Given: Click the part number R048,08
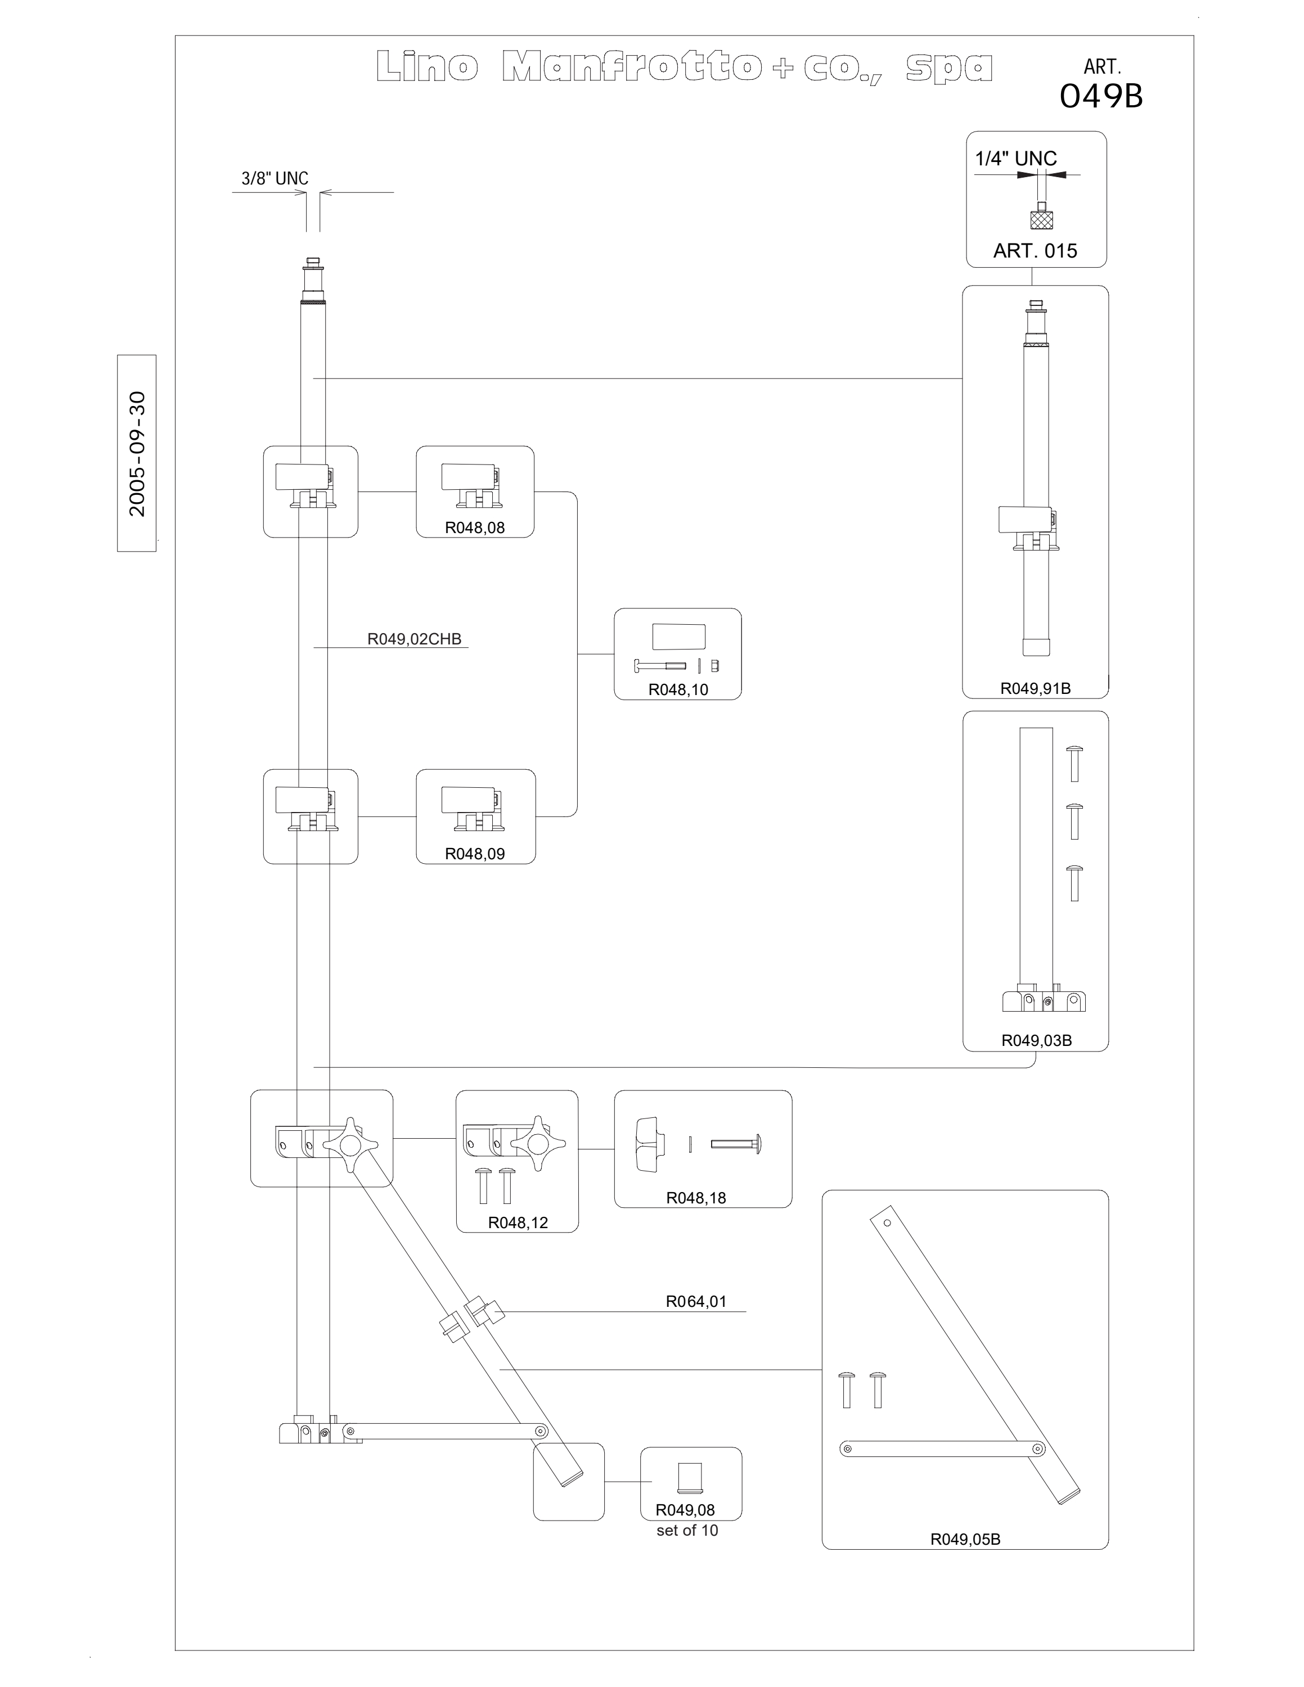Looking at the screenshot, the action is tap(474, 527).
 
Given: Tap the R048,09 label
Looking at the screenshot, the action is tap(474, 854).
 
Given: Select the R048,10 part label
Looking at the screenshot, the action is tap(677, 690).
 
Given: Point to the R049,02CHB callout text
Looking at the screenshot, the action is tap(414, 639).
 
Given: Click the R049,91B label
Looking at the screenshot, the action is tap(1035, 688).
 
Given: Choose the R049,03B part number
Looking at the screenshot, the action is tap(1036, 1040).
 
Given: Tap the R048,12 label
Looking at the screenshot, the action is tap(518, 1223).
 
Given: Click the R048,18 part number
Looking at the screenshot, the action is tap(696, 1198).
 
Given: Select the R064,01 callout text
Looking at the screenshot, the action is tap(696, 1302).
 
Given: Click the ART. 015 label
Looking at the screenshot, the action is tap(1035, 250).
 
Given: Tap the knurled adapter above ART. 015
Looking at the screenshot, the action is tap(1040, 216).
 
